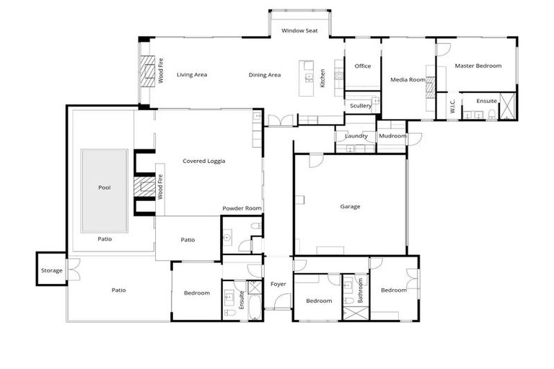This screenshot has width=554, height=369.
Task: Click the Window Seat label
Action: (x=299, y=31)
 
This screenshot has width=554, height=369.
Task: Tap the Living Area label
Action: (x=192, y=74)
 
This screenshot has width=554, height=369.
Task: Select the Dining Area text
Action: (x=265, y=74)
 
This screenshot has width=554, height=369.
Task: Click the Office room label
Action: (x=362, y=66)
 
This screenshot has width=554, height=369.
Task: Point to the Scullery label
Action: (x=361, y=106)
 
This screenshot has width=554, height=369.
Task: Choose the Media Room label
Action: (x=408, y=79)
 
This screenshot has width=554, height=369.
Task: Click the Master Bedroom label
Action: (x=478, y=66)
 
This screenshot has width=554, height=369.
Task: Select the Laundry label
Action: (x=356, y=135)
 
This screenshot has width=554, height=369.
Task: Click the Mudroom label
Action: (x=393, y=135)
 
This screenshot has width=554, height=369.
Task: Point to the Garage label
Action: (x=350, y=206)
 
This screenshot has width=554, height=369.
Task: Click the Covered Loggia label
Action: (x=203, y=161)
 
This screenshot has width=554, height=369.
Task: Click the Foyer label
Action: (x=278, y=284)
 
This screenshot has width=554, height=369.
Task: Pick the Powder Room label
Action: (x=242, y=208)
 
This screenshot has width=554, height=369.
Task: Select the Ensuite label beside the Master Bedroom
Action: (x=486, y=101)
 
